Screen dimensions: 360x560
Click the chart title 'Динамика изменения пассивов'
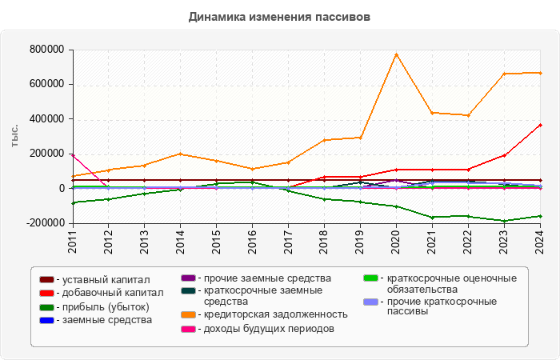click(279, 17)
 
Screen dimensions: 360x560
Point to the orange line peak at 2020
click(396, 54)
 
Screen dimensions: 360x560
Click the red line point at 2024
click(540, 125)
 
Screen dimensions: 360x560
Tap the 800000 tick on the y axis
click(46, 50)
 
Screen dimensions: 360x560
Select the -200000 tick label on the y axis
click(44, 223)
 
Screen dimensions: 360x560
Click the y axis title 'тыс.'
click(15, 136)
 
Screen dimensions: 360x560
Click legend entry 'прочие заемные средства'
click(262, 278)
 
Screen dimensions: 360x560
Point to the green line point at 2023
click(504, 221)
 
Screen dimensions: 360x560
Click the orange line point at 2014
click(180, 154)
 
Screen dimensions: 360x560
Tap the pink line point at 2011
click(72, 155)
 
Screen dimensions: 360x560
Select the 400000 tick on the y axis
click(46, 119)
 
